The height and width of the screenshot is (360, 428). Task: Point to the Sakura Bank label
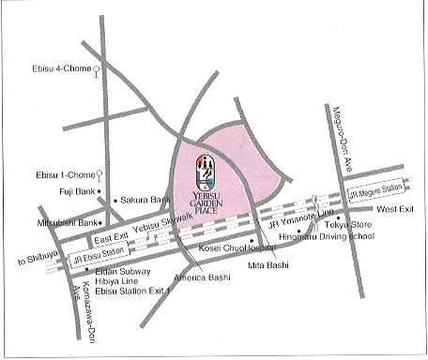(145, 201)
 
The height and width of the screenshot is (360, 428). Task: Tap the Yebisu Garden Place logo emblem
(206, 172)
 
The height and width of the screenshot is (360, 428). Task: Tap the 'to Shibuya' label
(25, 257)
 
